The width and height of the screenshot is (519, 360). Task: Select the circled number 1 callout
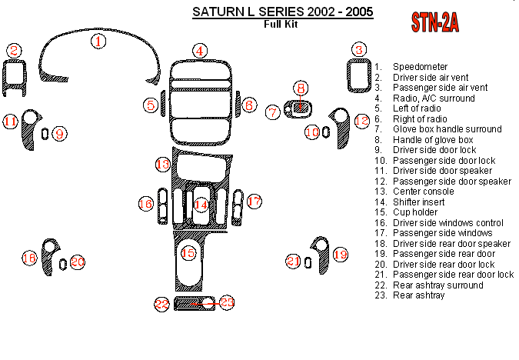pyautogui.click(x=98, y=41)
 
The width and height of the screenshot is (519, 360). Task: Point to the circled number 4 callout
pyautogui.click(x=200, y=51)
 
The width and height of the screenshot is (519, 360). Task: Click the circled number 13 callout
pyautogui.click(x=162, y=164)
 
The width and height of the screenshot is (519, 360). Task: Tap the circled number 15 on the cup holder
pyautogui.click(x=188, y=252)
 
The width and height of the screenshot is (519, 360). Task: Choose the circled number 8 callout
pyautogui.click(x=301, y=88)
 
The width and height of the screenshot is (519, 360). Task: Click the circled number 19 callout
pyautogui.click(x=340, y=253)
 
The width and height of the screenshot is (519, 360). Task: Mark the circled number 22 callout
pyautogui.click(x=161, y=304)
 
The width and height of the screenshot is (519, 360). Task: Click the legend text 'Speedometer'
pyautogui.click(x=420, y=68)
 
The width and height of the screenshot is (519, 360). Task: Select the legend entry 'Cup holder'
pyautogui.click(x=416, y=212)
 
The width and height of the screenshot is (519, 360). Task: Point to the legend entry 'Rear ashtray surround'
pyautogui.click(x=438, y=285)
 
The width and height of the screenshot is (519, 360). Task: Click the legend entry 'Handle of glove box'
pyautogui.click(x=431, y=140)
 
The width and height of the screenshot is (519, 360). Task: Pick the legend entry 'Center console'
pyautogui.click(x=422, y=192)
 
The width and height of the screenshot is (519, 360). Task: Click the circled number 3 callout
pyautogui.click(x=358, y=51)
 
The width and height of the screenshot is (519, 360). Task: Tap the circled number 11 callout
pyautogui.click(x=10, y=122)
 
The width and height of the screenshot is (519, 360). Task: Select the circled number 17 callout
pyautogui.click(x=255, y=202)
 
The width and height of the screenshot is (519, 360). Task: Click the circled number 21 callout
pyautogui.click(x=293, y=262)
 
